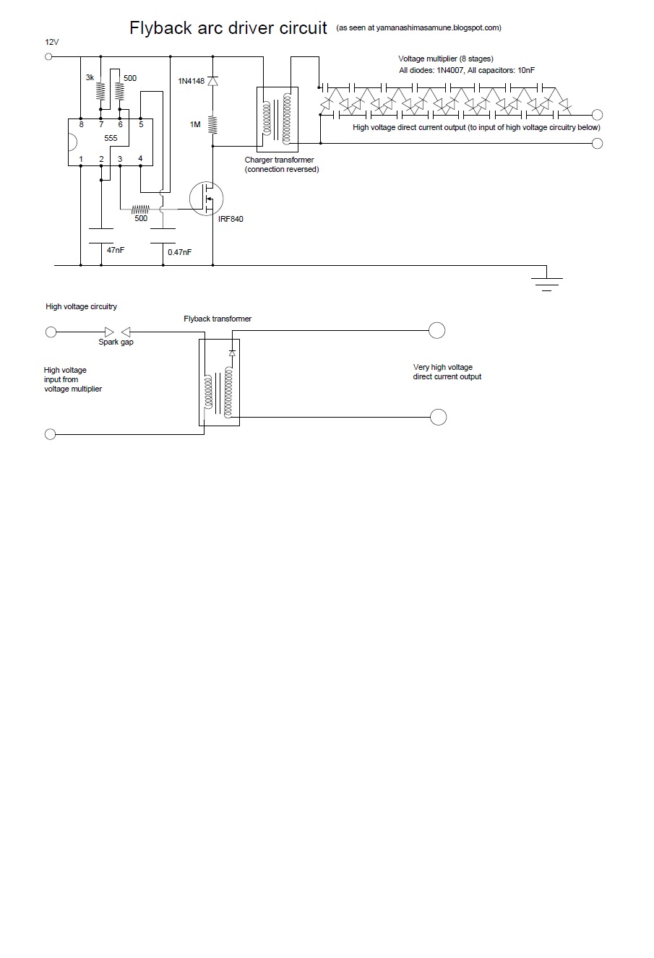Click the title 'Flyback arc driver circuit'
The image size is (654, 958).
pos(228,28)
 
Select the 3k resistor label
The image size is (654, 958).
pos(90,77)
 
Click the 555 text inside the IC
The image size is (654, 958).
pos(111,137)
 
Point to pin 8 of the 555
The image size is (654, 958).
pos(81,124)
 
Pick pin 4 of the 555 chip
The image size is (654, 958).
pos(140,159)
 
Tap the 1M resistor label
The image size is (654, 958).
pos(195,125)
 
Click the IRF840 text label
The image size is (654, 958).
pos(231,219)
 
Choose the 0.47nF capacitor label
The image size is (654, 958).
pos(180,252)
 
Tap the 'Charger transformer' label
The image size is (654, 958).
pos(279,160)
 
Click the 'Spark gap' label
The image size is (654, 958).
pos(116,342)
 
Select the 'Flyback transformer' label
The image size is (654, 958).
pos(218,319)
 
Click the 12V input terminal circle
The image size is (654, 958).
pos(50,56)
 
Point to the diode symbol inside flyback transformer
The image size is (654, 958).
pos(231,353)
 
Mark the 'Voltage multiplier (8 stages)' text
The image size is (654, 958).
pos(446,59)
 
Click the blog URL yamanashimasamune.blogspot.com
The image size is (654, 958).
pos(418,28)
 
